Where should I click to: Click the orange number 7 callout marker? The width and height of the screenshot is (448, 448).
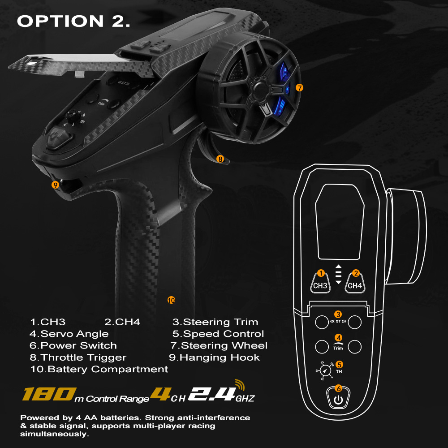click(299, 88)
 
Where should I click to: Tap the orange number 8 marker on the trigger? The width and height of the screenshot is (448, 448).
click(220, 159)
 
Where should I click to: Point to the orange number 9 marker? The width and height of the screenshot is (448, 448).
click(55, 185)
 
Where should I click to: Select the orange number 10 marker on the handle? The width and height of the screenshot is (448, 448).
click(171, 300)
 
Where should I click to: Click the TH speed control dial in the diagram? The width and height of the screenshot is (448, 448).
click(324, 370)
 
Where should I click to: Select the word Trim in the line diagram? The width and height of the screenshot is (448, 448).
click(338, 348)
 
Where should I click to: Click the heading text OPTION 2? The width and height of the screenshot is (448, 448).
click(74, 21)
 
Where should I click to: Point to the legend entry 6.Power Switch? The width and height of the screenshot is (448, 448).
click(73, 345)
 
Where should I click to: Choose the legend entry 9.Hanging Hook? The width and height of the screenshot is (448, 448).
click(214, 357)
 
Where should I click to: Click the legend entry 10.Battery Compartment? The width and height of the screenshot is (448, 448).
click(99, 369)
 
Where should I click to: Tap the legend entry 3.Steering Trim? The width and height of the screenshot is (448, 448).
click(215, 322)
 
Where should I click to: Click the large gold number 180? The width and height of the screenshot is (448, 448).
click(49, 394)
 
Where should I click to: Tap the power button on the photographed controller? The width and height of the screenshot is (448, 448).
click(58, 138)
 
